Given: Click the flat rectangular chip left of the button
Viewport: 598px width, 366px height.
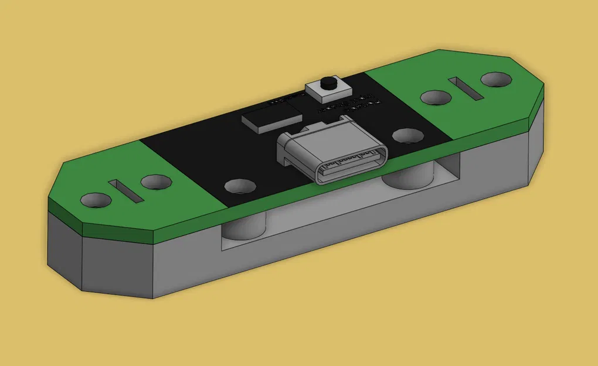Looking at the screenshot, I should (269, 117).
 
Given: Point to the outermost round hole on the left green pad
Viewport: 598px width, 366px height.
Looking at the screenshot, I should (96, 200).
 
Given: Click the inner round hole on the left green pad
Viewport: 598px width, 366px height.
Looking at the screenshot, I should (155, 183).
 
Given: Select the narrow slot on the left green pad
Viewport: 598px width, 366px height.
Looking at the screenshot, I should (125, 191).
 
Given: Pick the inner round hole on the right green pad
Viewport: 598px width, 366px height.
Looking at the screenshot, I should (436, 97).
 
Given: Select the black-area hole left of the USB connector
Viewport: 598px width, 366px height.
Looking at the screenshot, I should (240, 186).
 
